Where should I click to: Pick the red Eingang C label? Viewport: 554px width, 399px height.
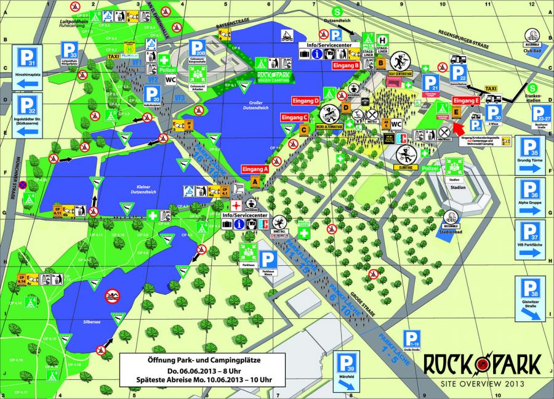(x=294, y=117)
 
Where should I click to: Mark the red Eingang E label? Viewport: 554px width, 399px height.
(x=466, y=100)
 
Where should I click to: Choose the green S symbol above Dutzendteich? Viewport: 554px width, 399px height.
(x=337, y=10)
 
